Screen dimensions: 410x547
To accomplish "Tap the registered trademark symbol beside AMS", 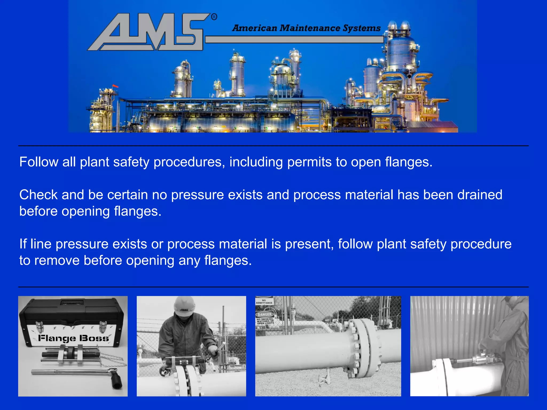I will [214, 17].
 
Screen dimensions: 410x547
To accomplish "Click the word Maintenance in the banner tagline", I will [310, 28].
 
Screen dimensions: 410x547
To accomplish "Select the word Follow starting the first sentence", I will [39, 162].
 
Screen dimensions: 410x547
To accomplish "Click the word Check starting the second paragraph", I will [38, 195].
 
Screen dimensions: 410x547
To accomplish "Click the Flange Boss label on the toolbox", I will [73, 338].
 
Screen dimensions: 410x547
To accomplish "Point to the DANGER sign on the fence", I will [264, 315].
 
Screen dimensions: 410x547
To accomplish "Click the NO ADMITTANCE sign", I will [264, 301].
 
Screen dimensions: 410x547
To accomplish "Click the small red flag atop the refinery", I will [115, 86].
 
